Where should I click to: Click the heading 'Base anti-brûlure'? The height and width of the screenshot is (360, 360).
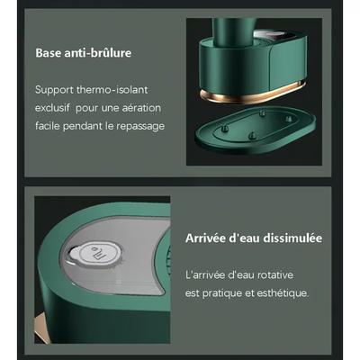point(84,53)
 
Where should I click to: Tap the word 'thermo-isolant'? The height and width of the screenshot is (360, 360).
point(112,90)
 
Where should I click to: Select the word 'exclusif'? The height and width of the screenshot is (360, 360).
point(52,108)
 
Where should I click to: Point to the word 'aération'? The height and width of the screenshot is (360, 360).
point(141,108)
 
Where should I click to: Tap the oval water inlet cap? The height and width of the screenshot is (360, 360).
point(95,254)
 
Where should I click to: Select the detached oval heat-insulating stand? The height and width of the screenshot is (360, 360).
point(256,129)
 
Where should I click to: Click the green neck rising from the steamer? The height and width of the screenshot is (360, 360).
point(234,31)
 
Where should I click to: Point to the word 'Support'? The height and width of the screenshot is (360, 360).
point(54,90)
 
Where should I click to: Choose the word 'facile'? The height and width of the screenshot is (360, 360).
point(48,126)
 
